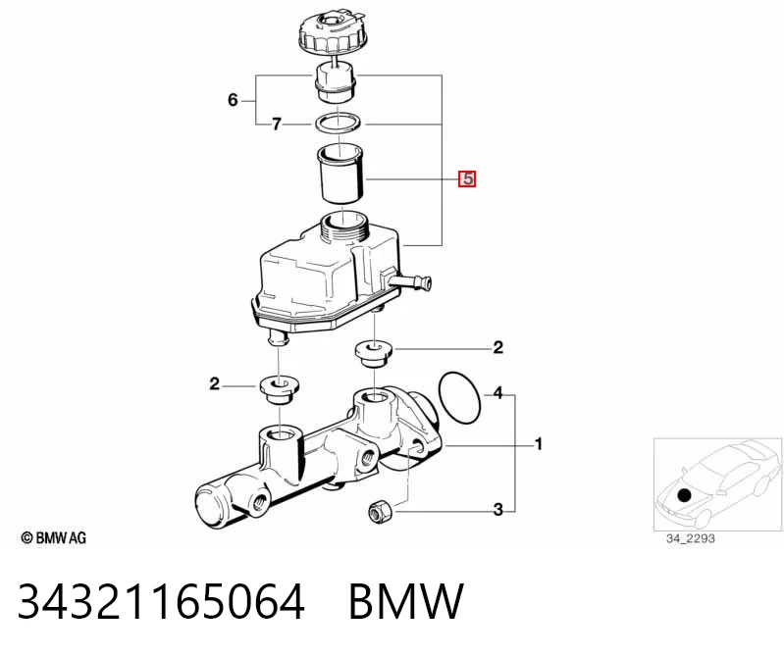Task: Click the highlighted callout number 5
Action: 467,178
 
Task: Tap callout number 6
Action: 233,100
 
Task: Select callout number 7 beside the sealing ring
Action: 277,124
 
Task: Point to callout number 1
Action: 539,444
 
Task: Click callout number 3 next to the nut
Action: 498,510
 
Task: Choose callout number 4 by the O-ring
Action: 498,393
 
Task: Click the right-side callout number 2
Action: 498,347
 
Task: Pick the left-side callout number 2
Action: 215,384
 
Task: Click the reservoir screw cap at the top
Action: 333,31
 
